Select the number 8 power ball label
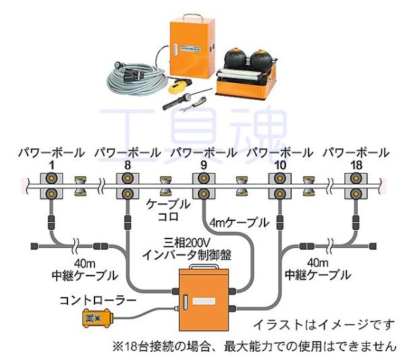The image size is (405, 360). tap(127, 163)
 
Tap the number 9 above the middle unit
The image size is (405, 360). tap(203, 163)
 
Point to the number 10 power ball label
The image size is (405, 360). tap(280, 163)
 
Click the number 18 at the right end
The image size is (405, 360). tap(356, 163)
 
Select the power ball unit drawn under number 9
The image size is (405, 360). tap(203, 187)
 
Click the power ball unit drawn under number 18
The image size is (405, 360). tap(356, 187)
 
